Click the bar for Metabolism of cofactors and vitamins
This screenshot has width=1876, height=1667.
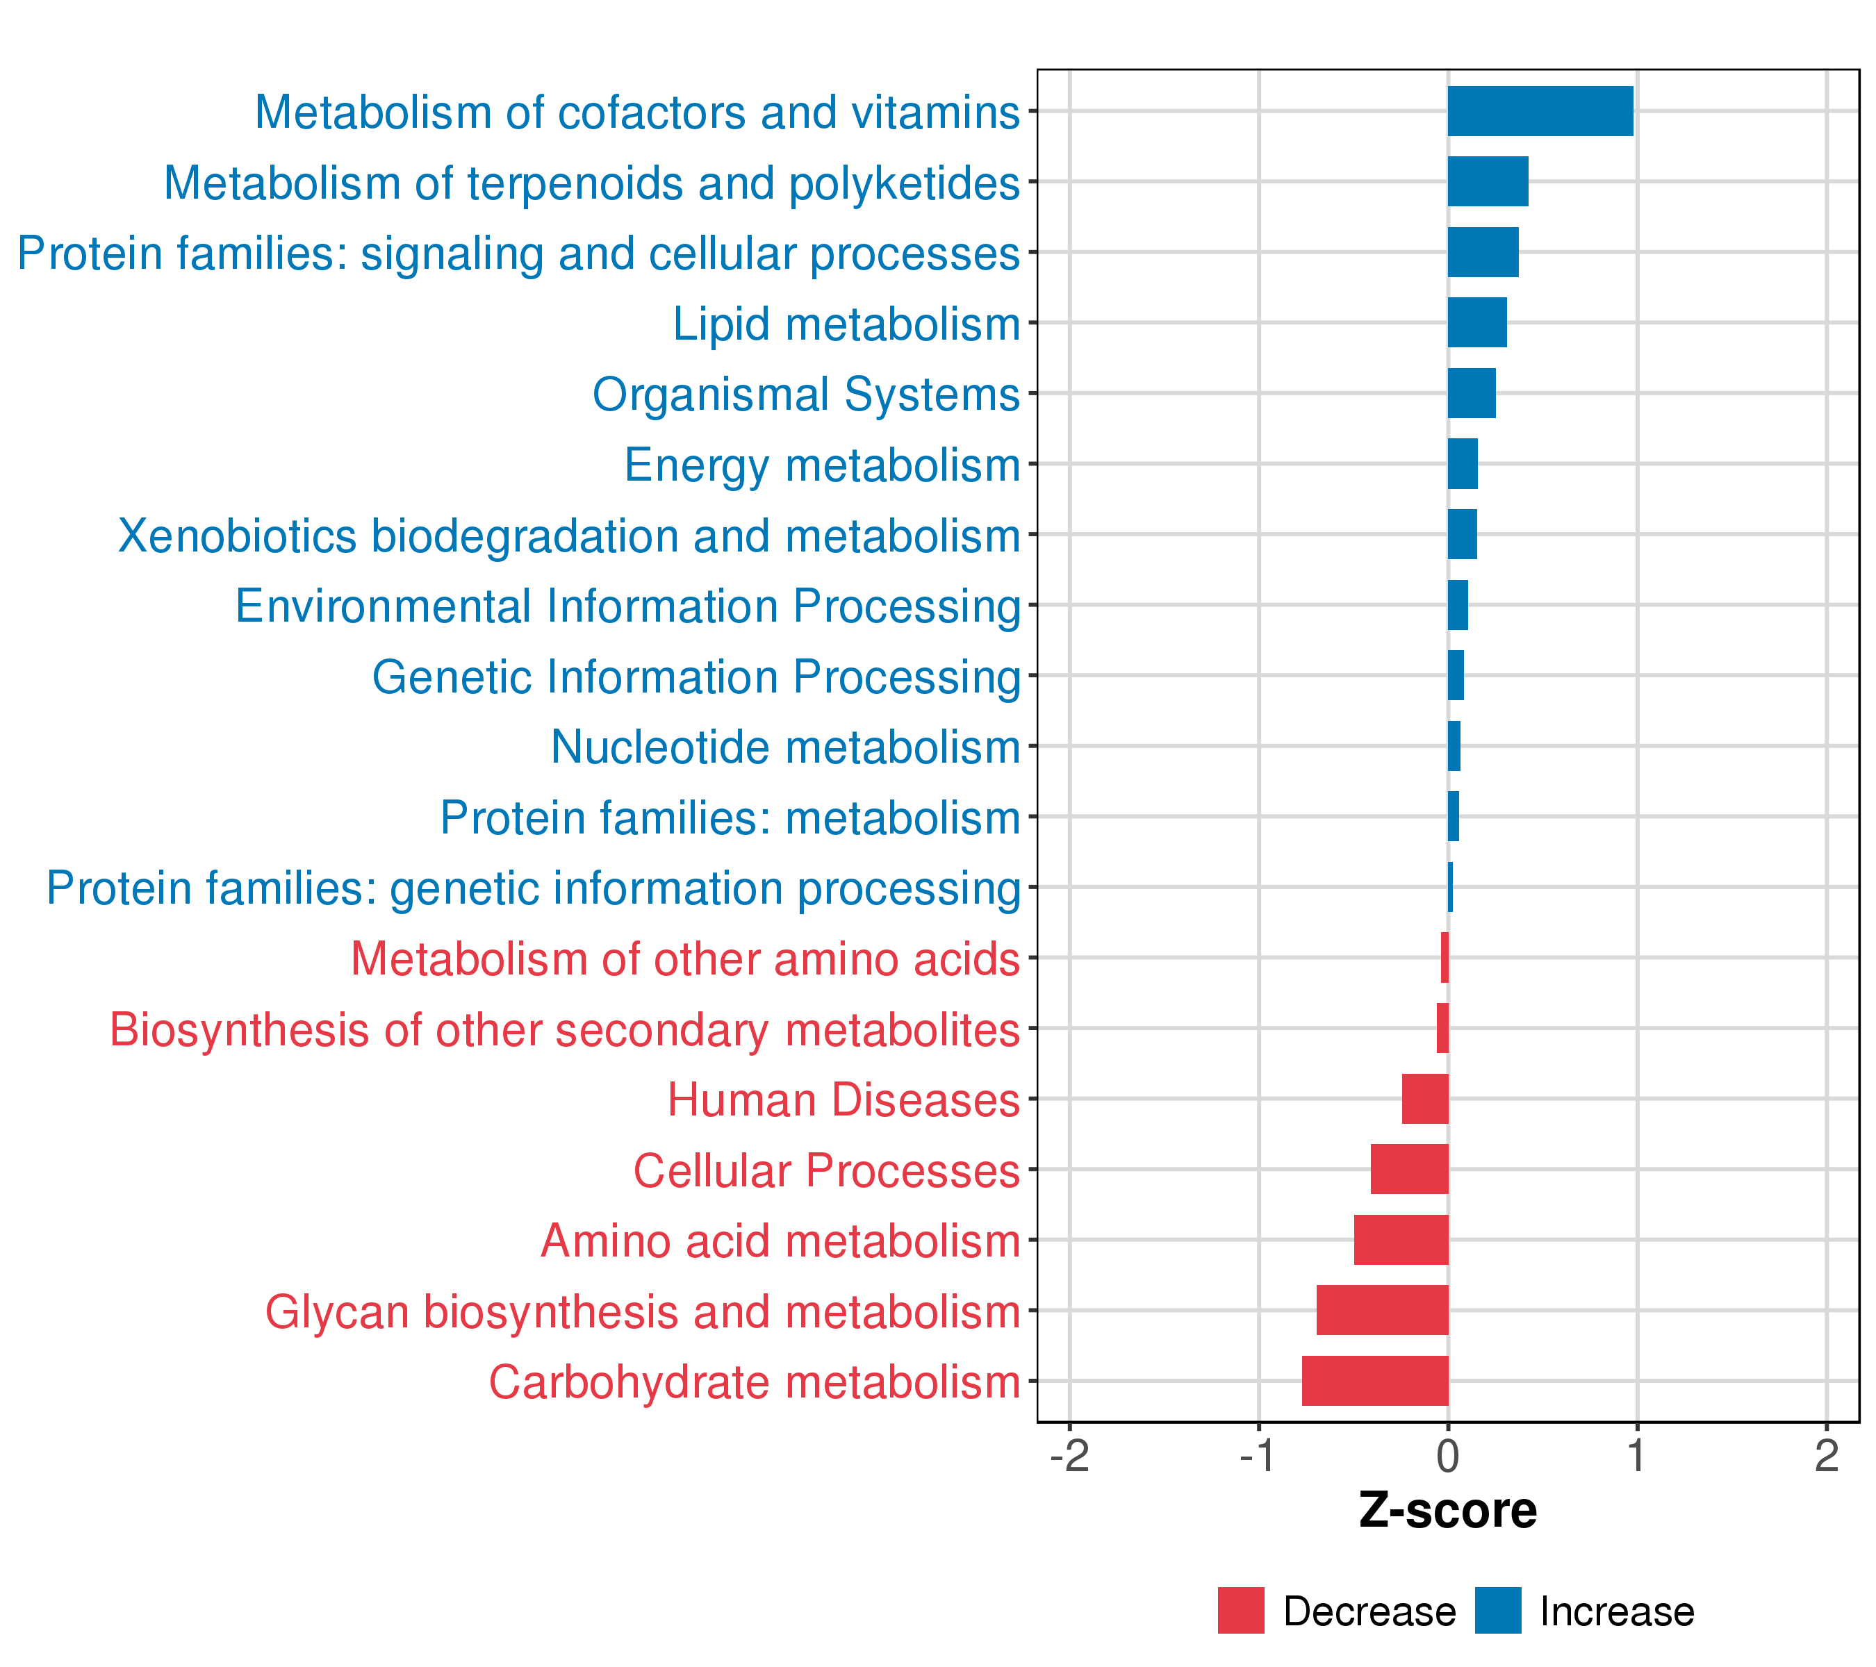pos(1540,111)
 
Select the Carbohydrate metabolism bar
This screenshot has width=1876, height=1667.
pos(1375,1380)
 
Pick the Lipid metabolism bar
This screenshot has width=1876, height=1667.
pos(1476,322)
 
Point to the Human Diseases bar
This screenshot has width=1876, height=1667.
pos(1424,1098)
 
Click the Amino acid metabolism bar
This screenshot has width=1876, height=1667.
pos(1401,1239)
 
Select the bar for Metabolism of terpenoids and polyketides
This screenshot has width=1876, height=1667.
pos(1488,182)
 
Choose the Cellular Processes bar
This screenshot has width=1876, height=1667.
pos(1409,1169)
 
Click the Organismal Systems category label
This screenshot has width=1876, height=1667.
pos(806,395)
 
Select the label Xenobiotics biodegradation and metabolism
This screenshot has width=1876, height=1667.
pos(569,536)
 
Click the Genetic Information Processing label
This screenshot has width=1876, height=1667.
pos(696,677)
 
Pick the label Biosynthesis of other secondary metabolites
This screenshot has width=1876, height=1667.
pos(564,1029)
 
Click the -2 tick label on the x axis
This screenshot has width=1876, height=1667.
pos(1069,1455)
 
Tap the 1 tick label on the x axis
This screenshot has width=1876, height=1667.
pos(1636,1455)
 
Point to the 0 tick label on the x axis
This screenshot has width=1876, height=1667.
pos(1447,1455)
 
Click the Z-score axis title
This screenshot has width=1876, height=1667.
pos(1447,1510)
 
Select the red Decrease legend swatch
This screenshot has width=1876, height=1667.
pos(1241,1610)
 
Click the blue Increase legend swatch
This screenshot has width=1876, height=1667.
pos(1498,1610)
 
